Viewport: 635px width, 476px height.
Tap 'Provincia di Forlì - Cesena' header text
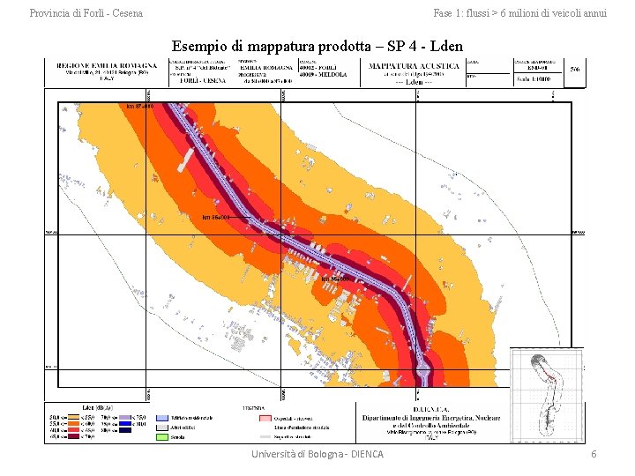point(86,13)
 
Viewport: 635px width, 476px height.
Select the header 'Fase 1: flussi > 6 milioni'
point(519,13)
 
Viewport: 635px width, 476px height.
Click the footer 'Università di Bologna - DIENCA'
point(317,453)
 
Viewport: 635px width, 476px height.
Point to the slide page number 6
point(594,453)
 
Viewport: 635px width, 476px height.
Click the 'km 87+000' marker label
point(140,107)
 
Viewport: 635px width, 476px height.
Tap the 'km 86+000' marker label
point(215,216)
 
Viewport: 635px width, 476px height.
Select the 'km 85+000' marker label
point(336,279)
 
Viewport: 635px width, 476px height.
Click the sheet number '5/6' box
point(575,68)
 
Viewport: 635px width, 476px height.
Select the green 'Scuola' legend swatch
point(161,435)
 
